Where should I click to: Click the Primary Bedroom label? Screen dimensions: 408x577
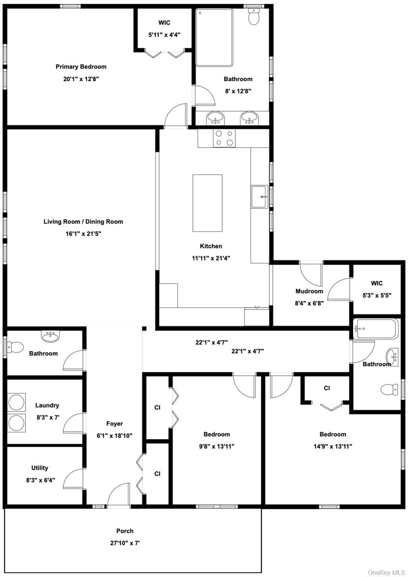(81, 67)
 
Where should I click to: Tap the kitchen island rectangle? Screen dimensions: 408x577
(207, 203)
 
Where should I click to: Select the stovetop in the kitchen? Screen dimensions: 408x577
(224, 138)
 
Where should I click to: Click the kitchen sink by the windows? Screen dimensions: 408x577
(259, 196)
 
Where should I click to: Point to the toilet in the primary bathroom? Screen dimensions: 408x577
(254, 17)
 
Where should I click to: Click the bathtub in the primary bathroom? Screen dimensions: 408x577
(214, 38)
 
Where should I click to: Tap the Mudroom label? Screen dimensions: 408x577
(309, 291)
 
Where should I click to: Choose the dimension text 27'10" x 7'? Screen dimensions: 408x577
(125, 543)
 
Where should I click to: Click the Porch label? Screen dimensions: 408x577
(125, 531)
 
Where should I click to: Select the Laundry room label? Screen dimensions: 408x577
(47, 405)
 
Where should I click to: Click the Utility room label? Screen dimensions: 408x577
(40, 468)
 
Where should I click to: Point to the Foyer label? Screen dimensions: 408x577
(114, 423)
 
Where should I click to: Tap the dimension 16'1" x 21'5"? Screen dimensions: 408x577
(83, 234)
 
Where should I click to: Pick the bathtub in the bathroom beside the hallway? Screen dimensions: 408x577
(376, 329)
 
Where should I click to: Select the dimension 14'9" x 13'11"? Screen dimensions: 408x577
(333, 446)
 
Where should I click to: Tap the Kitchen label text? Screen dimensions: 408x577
(211, 246)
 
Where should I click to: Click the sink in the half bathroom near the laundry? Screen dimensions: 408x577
(50, 337)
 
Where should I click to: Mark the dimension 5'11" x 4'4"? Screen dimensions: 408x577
(164, 35)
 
